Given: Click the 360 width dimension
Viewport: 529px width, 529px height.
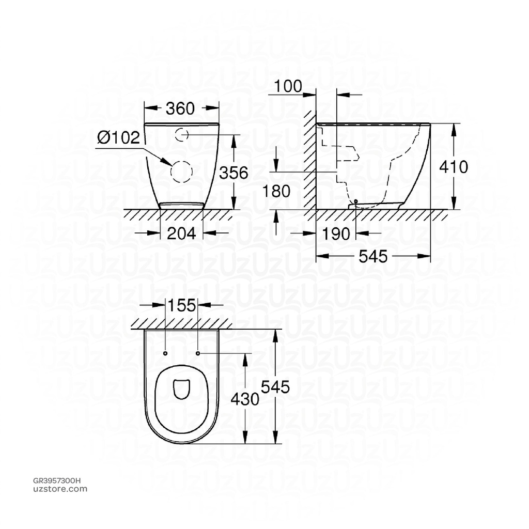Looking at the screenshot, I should point(180,108).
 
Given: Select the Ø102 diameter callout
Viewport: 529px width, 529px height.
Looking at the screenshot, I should point(118,137).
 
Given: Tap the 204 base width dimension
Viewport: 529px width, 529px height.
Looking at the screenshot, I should point(181,234).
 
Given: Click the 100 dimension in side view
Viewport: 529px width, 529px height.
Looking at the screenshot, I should point(288,86).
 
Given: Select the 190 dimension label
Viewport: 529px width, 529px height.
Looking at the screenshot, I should point(336,234).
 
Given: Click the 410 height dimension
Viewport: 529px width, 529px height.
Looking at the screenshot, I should point(453,166).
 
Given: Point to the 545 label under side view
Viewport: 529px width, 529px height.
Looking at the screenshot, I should point(372,256).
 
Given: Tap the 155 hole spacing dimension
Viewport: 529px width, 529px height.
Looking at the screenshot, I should point(181,305).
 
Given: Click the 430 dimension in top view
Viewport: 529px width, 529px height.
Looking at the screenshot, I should point(244,398).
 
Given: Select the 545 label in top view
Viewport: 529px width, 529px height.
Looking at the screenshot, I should point(275,386).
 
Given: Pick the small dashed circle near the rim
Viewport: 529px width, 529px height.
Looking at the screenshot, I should point(181,135).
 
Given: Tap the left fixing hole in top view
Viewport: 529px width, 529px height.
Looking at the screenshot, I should point(165,353).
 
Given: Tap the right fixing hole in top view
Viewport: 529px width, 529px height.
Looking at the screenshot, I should point(198,353).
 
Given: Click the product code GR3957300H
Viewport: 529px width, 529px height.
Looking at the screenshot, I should point(57,480).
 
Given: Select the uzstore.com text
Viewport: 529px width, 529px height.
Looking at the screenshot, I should point(60,489).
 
